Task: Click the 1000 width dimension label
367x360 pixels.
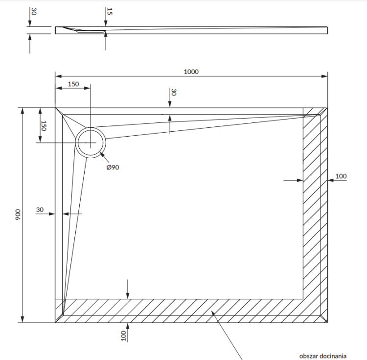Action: [191, 72]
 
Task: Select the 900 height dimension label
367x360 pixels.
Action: [17, 215]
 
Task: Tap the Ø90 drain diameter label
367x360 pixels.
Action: [113, 167]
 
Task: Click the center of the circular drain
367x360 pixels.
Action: [90, 143]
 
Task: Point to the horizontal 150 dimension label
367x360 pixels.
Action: [73, 84]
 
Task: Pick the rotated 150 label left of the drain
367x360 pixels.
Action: [43, 125]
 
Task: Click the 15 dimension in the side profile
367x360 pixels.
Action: [110, 11]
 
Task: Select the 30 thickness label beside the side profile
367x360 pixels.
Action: [33, 11]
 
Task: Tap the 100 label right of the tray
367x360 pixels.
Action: [341, 176]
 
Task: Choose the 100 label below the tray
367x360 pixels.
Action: [124, 336]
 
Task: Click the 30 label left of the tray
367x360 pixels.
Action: [40, 210]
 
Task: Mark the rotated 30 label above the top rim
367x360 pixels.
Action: [173, 93]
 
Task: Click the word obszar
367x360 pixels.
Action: [309, 356]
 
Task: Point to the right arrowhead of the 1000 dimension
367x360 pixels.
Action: [325, 76]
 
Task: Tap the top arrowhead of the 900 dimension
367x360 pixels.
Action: [22, 110]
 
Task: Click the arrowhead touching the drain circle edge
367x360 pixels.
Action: [101, 154]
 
